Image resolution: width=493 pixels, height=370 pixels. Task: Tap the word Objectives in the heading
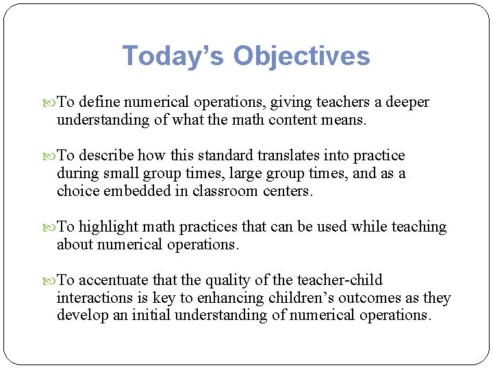tap(302, 56)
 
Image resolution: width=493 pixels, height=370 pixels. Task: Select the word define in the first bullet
tap(101, 103)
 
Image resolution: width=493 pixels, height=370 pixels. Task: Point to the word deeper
tap(410, 103)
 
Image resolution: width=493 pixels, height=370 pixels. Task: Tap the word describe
tap(106, 156)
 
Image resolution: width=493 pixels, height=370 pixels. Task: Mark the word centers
tap(288, 191)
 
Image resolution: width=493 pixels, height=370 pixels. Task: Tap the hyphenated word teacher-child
tap(340, 280)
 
